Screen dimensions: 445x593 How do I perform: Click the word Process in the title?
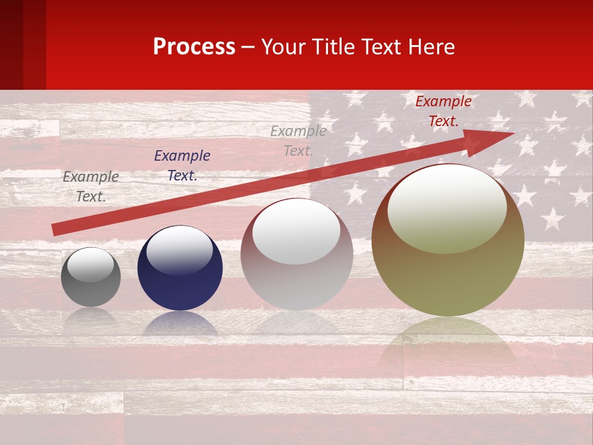[194, 47]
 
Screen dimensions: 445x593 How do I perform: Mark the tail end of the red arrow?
[54, 230]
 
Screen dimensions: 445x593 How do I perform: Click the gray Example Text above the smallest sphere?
[91, 187]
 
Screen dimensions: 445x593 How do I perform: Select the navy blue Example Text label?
[182, 166]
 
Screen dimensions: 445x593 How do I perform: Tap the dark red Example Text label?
[443, 111]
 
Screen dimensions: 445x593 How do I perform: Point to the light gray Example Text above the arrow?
[298, 140]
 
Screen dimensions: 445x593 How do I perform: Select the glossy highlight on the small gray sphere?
[90, 265]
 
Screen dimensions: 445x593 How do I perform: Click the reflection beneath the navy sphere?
[179, 324]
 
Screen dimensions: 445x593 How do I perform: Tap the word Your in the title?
[282, 47]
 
